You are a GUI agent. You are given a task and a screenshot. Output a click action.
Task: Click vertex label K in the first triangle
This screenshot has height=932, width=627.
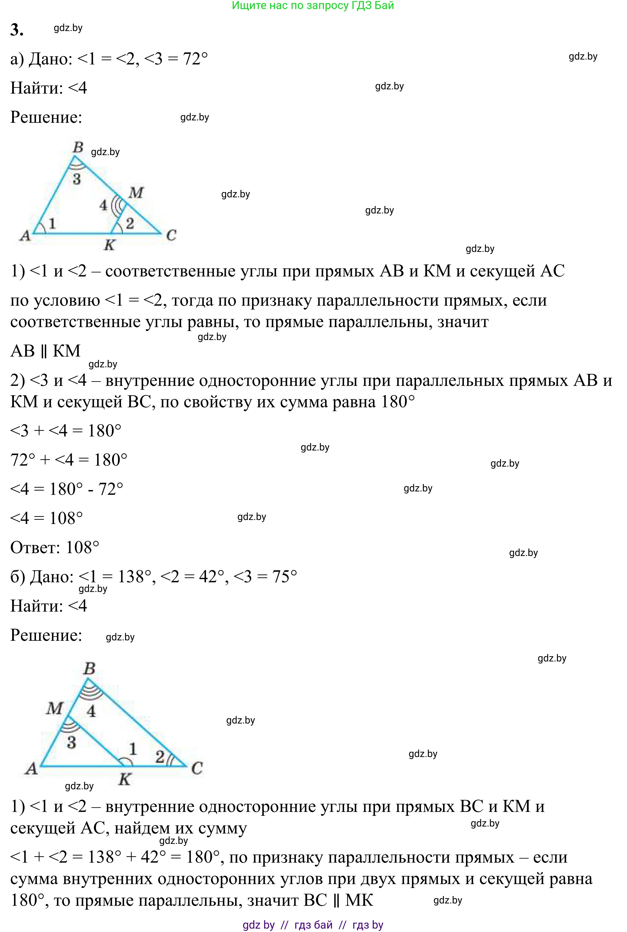(109, 245)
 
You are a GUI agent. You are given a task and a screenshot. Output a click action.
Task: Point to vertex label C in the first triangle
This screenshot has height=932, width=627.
(171, 235)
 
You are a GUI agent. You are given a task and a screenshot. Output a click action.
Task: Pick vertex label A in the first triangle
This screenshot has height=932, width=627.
(25, 235)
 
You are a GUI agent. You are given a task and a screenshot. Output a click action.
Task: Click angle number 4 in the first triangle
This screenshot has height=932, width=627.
(103, 205)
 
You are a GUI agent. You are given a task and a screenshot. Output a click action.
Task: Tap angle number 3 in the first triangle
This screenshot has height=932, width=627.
(77, 179)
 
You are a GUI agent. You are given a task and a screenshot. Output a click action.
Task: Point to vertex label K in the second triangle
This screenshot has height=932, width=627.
(125, 779)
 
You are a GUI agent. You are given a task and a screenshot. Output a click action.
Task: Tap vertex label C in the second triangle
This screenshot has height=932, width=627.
(197, 768)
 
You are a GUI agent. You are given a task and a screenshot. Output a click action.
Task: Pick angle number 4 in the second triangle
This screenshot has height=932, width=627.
(91, 711)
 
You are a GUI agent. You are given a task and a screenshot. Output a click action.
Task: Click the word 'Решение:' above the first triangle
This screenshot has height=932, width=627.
(46, 117)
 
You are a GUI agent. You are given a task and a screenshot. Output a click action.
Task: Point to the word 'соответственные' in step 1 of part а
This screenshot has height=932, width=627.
(170, 271)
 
